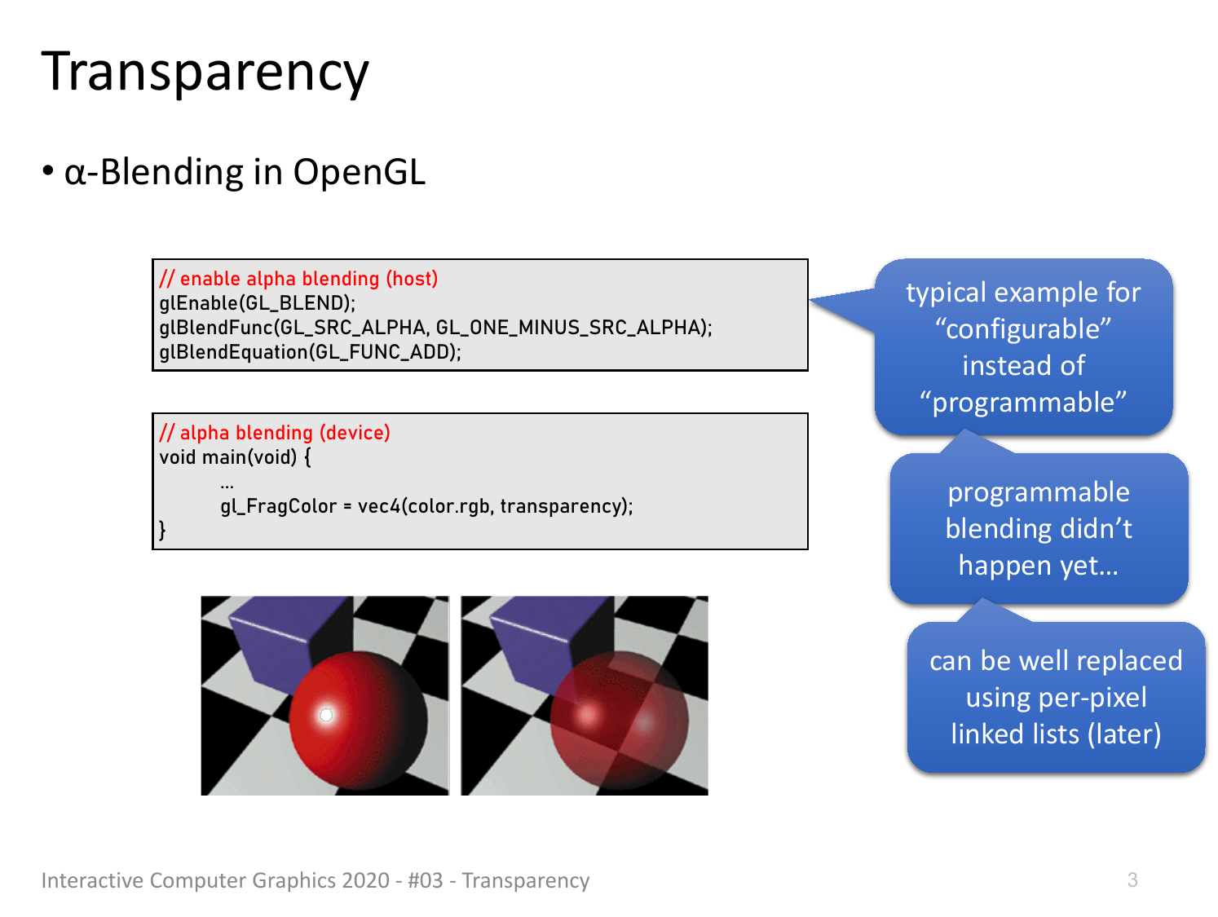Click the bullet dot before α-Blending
[x=48, y=170]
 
